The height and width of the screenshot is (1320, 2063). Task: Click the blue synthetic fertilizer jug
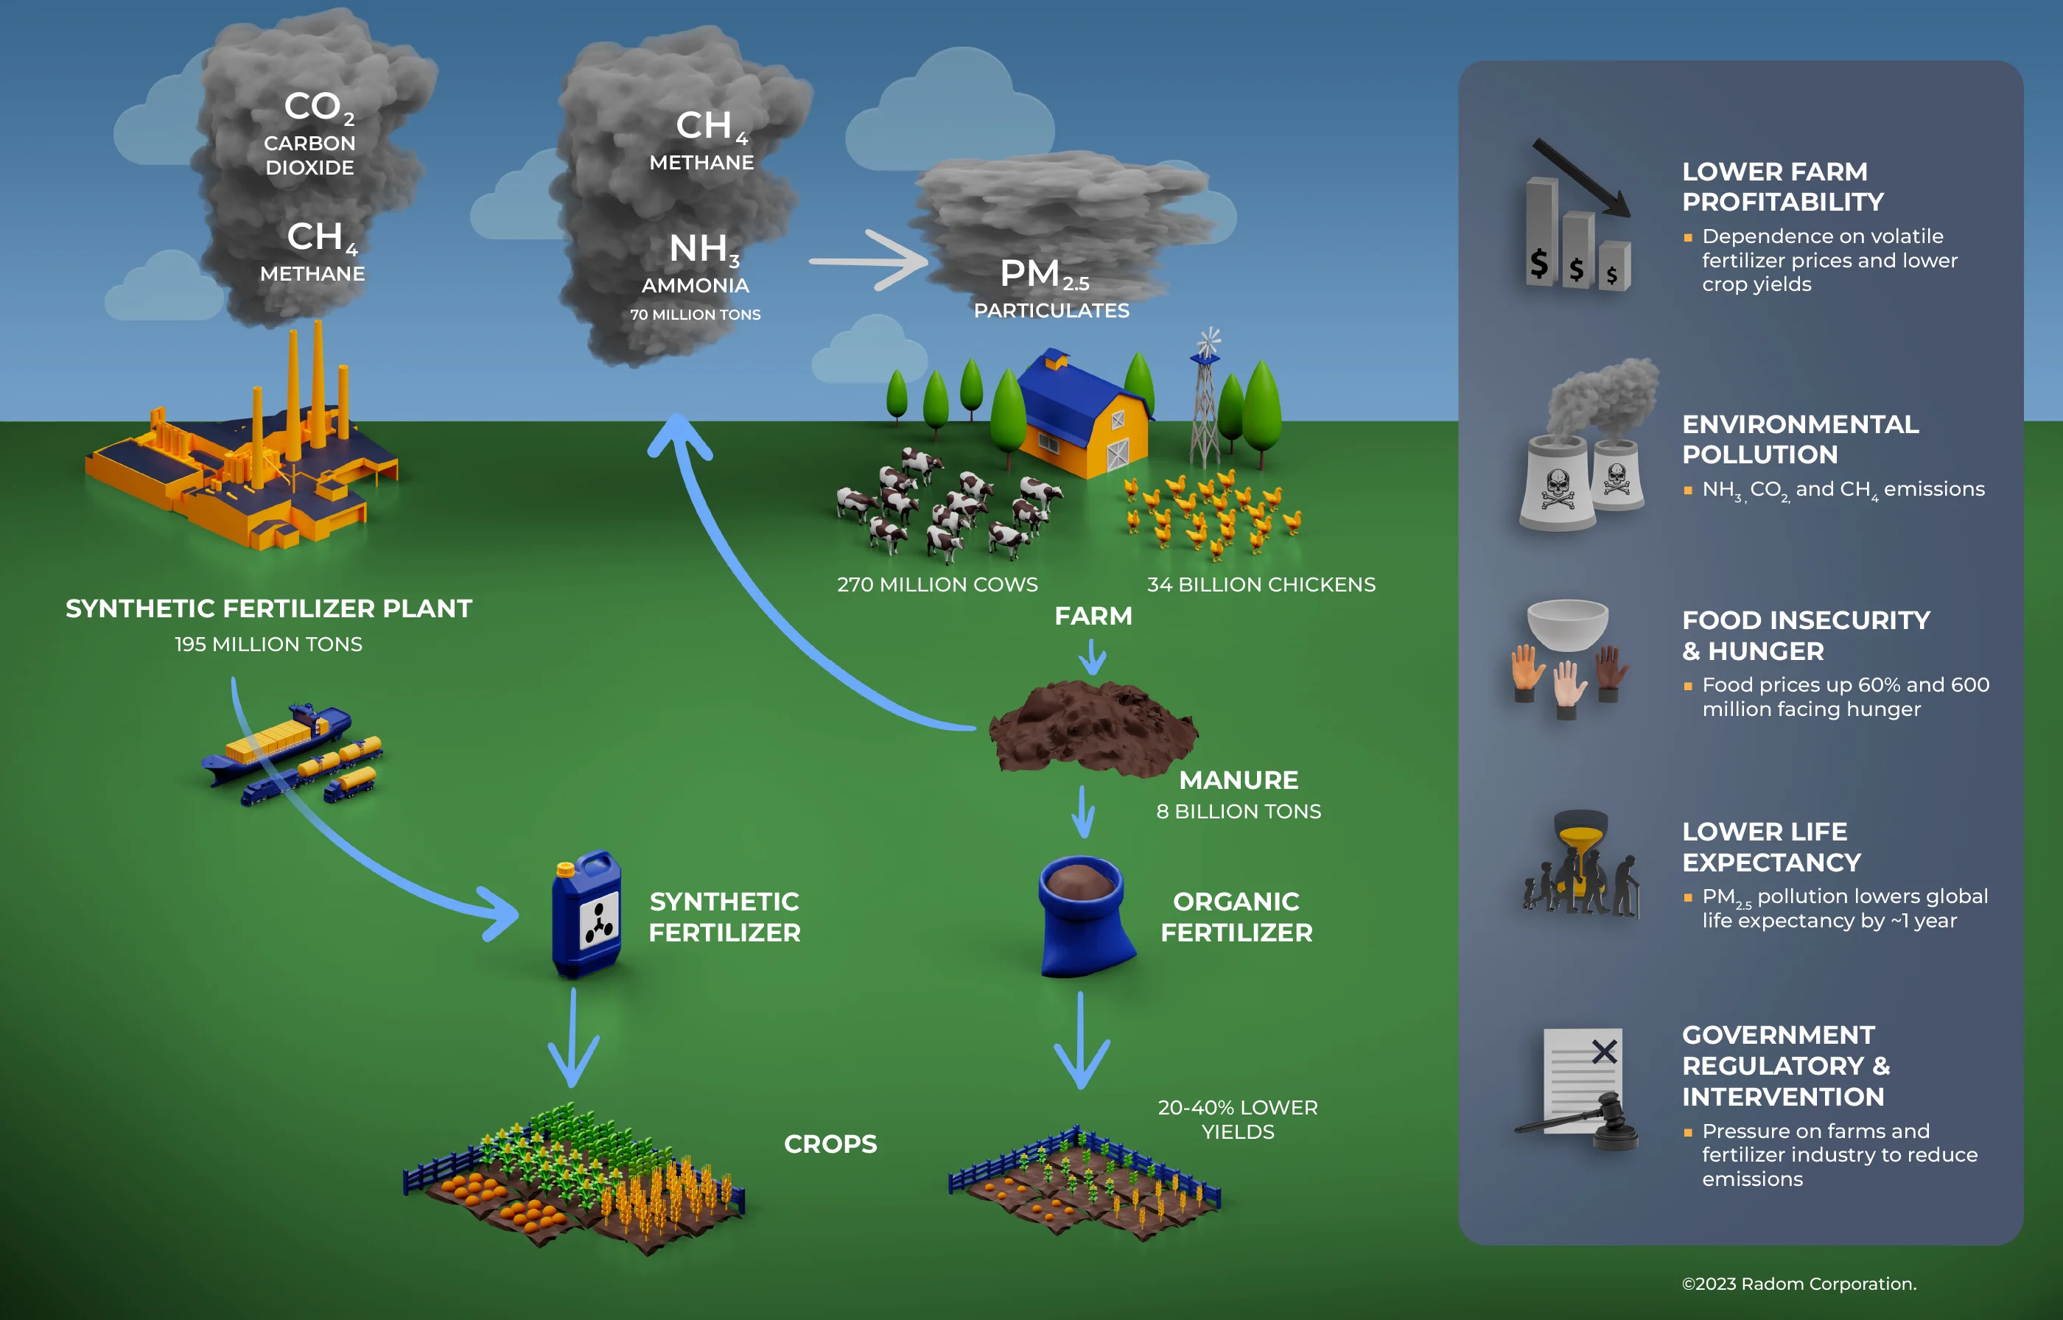coord(586,916)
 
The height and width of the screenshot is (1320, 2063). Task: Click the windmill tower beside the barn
coord(1205,403)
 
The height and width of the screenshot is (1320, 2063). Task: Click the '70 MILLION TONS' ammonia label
coord(695,315)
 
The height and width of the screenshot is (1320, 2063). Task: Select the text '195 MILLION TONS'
coord(268,644)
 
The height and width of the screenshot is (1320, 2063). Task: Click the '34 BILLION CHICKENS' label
coord(1261,585)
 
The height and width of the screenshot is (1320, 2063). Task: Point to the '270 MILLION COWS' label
coord(936,585)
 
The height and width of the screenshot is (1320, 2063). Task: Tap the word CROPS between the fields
coord(830,1143)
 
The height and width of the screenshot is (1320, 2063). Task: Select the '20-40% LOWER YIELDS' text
coord(1237,1119)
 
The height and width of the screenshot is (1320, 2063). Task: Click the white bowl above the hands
coord(1568,623)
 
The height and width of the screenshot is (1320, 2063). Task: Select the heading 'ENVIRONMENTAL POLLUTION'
coord(1800,439)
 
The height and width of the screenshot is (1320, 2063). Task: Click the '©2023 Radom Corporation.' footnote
coord(1798,1283)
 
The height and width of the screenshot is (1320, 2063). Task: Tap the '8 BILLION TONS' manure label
coord(1238,811)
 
